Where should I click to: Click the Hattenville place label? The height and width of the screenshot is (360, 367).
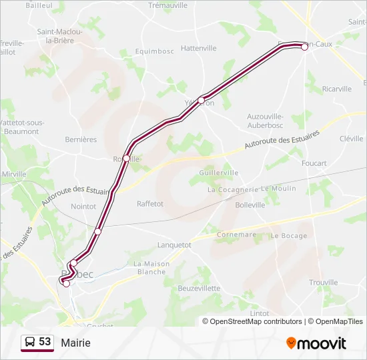click(199, 48)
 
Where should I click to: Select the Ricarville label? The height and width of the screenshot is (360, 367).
click(336, 89)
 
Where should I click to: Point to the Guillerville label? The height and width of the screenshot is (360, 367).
click(218, 172)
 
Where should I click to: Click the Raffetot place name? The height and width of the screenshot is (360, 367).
click(150, 204)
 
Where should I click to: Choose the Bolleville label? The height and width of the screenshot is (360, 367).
click(250, 205)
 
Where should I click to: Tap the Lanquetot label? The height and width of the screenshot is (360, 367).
click(174, 245)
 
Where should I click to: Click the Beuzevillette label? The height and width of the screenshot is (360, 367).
click(199, 288)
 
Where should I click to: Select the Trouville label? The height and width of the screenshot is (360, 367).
click(324, 283)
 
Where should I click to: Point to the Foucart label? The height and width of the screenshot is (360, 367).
click(314, 163)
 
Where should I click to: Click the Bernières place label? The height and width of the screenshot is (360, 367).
click(81, 139)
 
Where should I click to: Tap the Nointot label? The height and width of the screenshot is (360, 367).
click(83, 207)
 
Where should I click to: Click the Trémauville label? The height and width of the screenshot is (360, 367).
click(168, 5)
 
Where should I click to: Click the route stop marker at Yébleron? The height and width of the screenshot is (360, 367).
click(201, 100)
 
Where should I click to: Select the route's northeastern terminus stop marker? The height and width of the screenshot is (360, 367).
click(304, 47)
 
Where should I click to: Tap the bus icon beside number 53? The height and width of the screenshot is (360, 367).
click(30, 343)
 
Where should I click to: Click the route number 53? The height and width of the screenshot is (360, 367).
click(45, 342)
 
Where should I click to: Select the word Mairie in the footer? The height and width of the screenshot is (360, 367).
click(75, 343)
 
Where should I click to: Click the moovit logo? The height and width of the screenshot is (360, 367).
click(316, 343)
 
